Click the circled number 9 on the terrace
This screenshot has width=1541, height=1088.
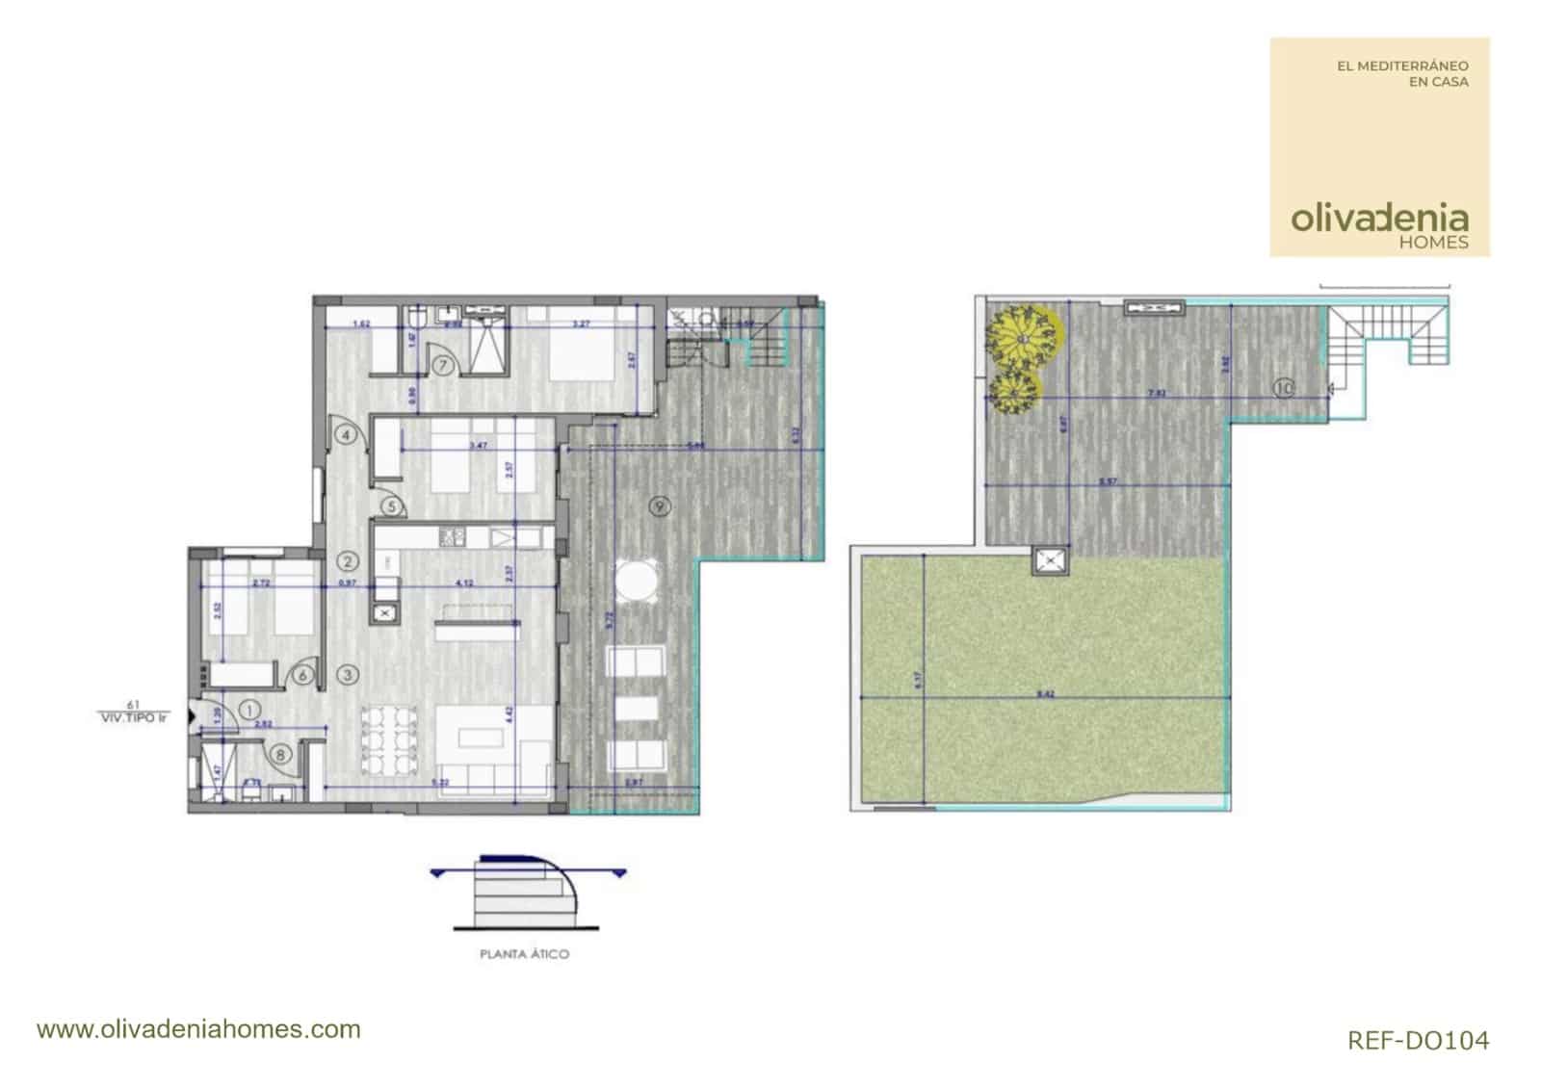[x=659, y=506]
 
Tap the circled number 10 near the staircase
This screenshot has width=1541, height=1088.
[x=1283, y=388]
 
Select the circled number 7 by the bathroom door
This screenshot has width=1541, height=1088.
[x=443, y=365]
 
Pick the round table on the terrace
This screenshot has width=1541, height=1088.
[x=635, y=582]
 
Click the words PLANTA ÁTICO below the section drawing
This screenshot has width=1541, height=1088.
[x=524, y=954]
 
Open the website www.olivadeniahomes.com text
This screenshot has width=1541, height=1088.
[x=198, y=1029]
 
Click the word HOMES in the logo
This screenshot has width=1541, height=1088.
[x=1433, y=243]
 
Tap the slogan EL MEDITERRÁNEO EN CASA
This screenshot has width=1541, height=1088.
[x=1402, y=73]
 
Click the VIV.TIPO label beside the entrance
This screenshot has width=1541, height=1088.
[x=133, y=717]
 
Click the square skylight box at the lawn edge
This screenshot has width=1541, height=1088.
[x=1049, y=559]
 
